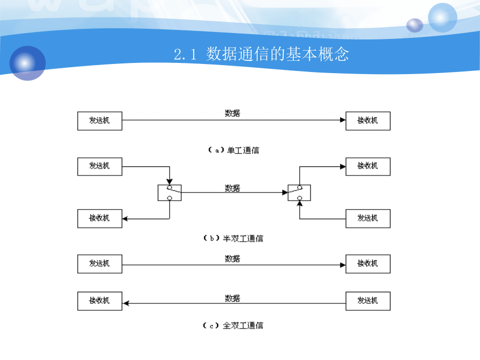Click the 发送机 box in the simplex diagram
[x=100, y=121]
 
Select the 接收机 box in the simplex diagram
[x=368, y=121]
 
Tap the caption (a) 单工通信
[x=233, y=150]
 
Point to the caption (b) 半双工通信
[x=233, y=238]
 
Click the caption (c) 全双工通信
[x=233, y=325]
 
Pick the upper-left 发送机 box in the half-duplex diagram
[x=100, y=166]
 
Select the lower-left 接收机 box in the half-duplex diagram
[x=100, y=219]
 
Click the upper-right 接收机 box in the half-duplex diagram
[x=368, y=166]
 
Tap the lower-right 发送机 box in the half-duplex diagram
[x=368, y=219]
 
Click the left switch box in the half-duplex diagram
[x=170, y=193]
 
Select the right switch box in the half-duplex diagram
[x=299, y=193]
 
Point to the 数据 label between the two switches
[x=233, y=188]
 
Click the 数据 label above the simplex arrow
[x=233, y=113]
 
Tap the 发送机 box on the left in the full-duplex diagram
[x=100, y=264]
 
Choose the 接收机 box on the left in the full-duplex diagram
[x=100, y=301]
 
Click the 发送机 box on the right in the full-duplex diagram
[x=368, y=301]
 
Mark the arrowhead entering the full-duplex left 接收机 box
[x=125, y=303]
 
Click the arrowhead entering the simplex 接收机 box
[x=343, y=120]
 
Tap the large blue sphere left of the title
[x=28, y=63]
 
